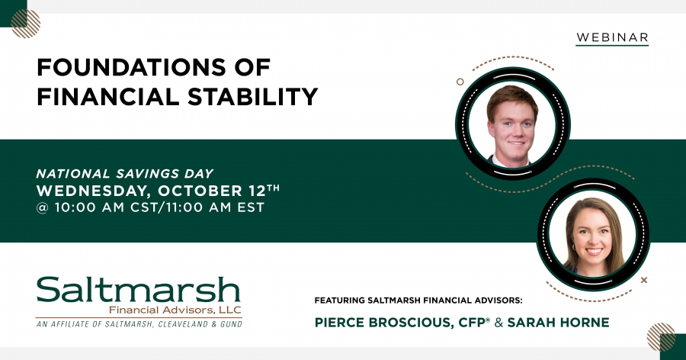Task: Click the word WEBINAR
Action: [612, 37]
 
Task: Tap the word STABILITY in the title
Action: [253, 97]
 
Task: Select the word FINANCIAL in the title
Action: [108, 97]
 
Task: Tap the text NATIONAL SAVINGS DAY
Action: [125, 173]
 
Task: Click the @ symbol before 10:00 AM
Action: [43, 207]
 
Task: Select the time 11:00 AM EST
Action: [215, 207]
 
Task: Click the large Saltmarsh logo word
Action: [138, 289]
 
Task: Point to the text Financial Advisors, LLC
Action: [175, 310]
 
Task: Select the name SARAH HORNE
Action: [558, 323]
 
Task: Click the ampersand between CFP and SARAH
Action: [498, 323]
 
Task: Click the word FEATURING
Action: [340, 301]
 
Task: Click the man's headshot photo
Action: [512, 124]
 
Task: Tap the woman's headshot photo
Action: [593, 234]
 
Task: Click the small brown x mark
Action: [644, 280]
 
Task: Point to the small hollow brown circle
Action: [460, 82]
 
